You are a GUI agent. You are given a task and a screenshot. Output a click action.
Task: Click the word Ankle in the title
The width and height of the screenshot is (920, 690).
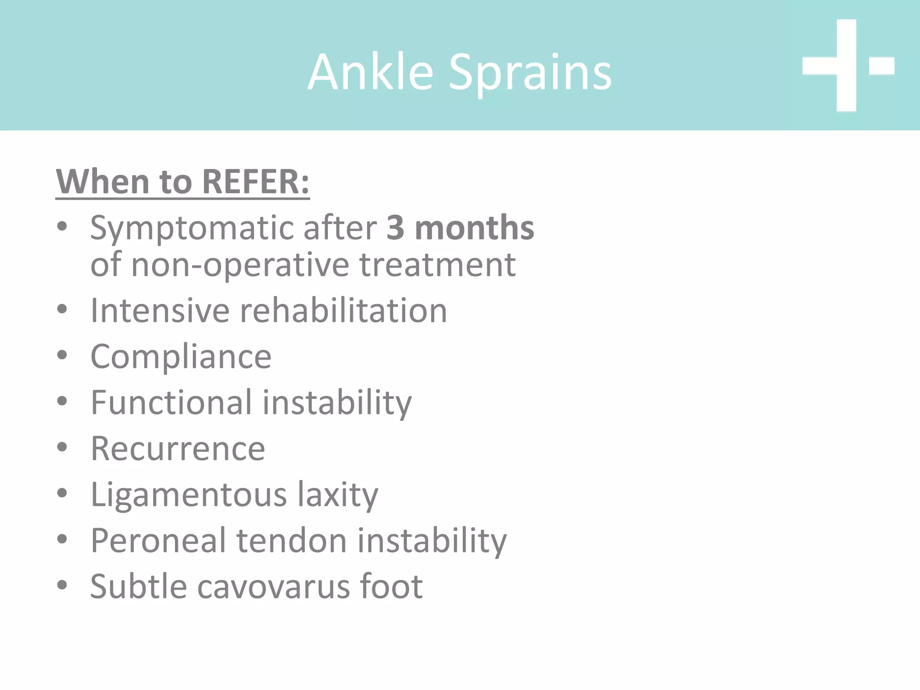(371, 72)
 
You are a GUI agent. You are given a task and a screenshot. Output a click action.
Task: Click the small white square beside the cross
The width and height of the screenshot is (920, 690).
(881, 66)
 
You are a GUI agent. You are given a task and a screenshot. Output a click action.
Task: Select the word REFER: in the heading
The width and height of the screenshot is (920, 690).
(256, 182)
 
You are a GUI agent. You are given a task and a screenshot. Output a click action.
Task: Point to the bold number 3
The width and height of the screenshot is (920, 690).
(395, 228)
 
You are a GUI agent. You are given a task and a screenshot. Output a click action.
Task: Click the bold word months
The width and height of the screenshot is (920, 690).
(474, 228)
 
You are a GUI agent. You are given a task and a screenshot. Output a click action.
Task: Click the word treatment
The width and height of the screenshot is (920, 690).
(438, 265)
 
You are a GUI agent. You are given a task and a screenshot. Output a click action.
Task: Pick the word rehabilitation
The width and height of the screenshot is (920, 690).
(343, 310)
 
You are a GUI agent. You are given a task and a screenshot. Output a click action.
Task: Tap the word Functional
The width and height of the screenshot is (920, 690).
(171, 402)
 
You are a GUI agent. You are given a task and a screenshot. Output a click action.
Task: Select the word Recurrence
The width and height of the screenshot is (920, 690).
(178, 449)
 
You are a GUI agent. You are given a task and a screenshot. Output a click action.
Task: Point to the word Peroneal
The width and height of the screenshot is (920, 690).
(158, 540)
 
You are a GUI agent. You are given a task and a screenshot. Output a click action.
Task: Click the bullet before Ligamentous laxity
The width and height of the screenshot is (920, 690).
(62, 493)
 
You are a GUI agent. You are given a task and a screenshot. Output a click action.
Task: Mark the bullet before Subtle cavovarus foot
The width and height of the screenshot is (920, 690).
(62, 585)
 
